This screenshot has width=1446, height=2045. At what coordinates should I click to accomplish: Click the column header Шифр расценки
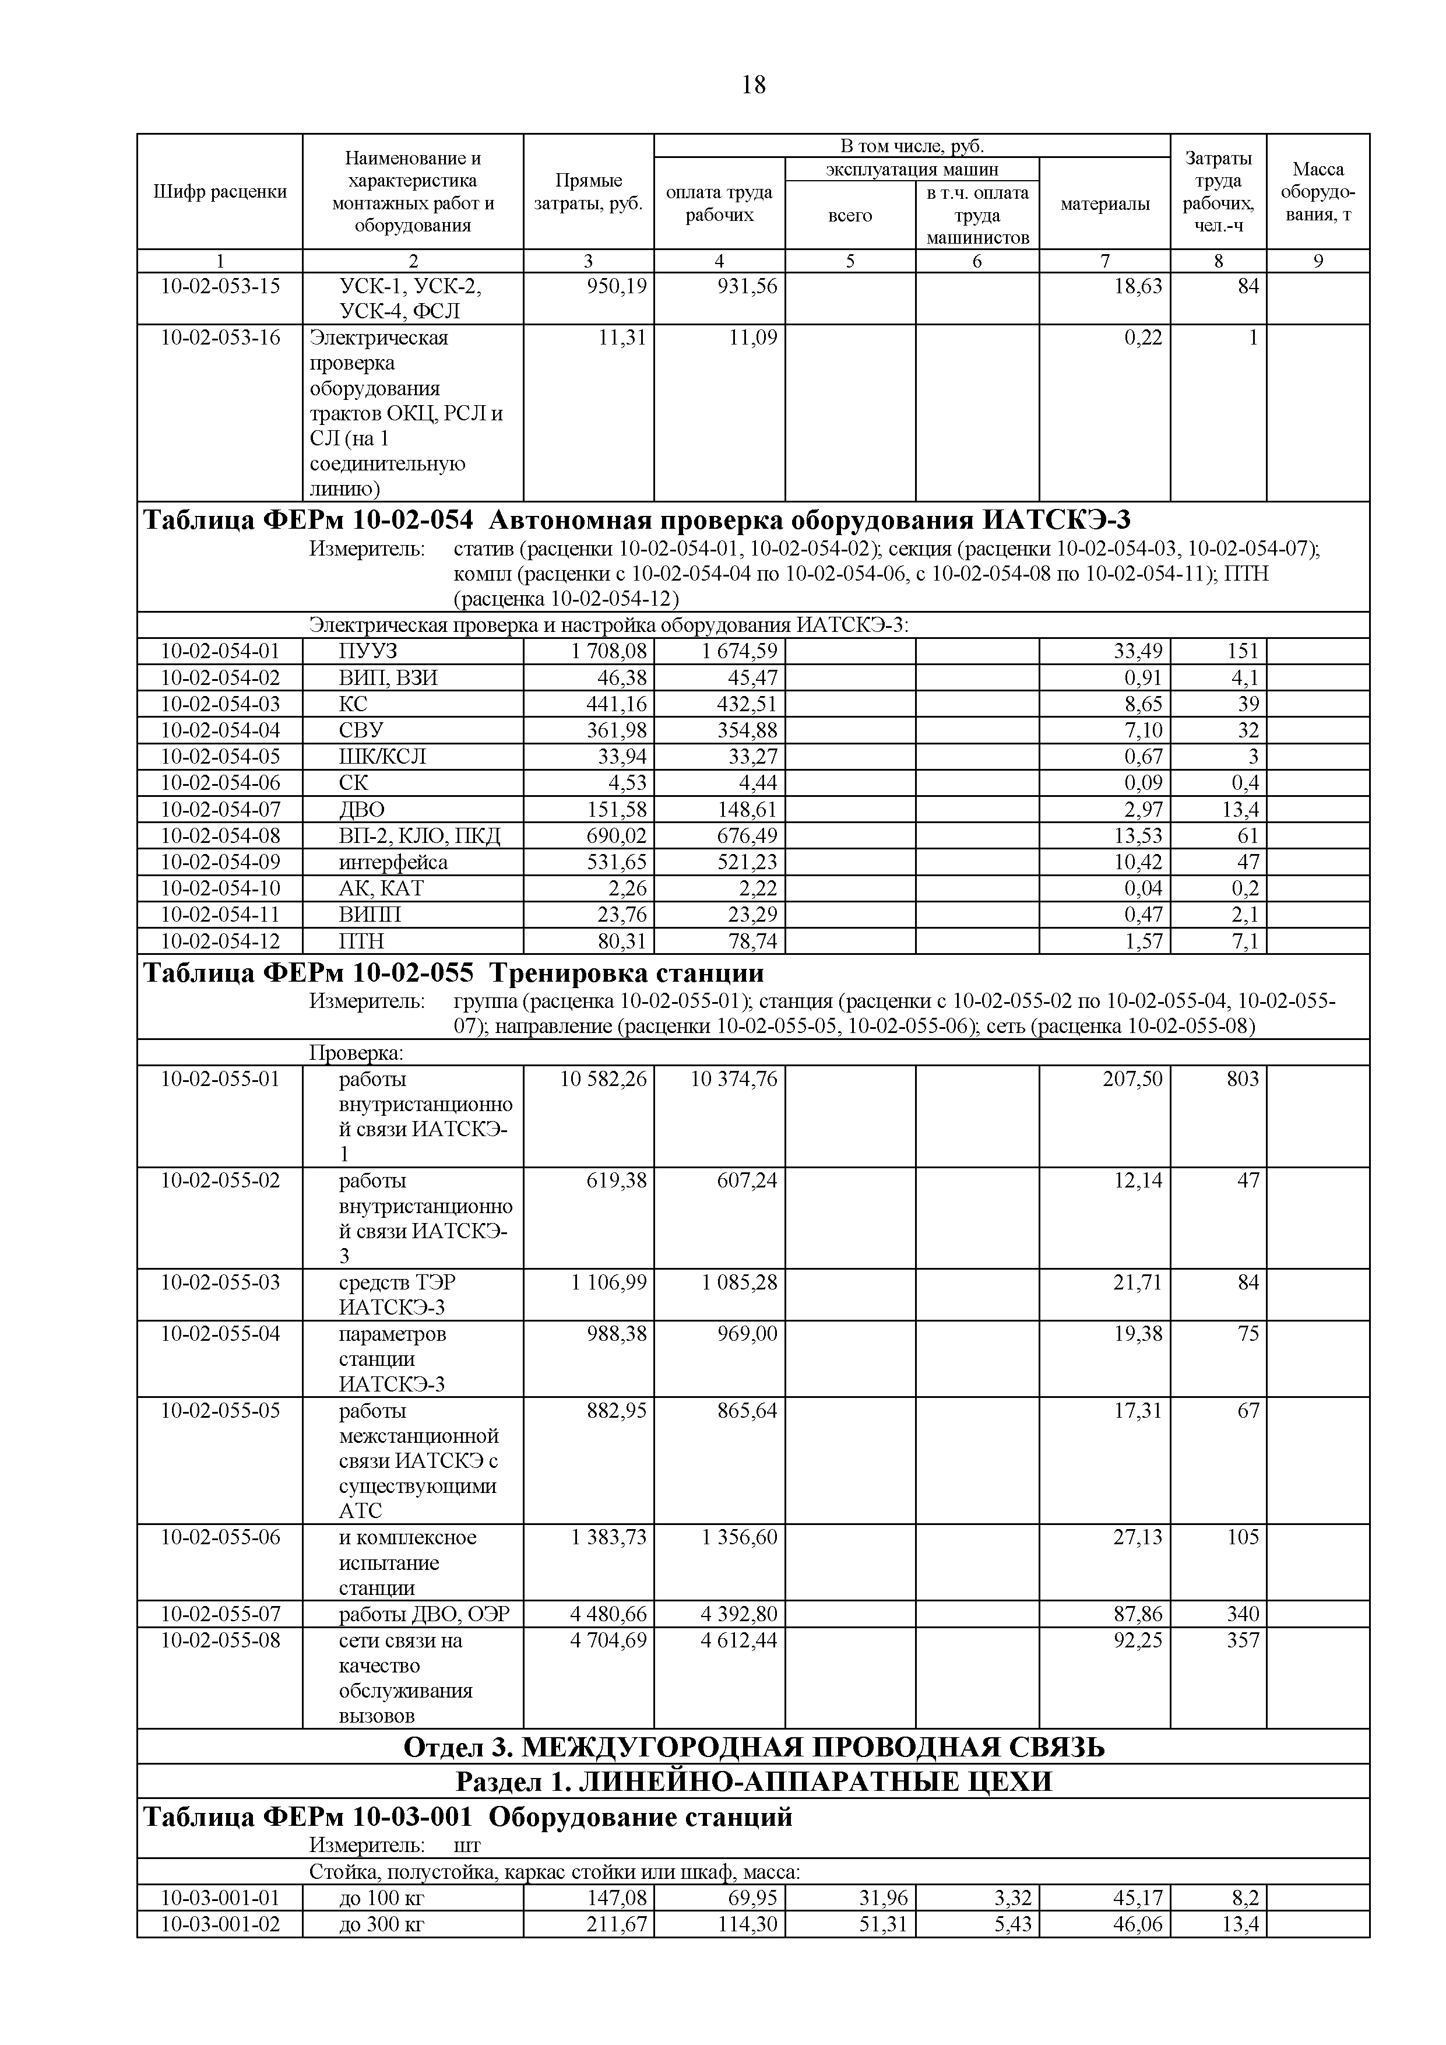pyautogui.click(x=220, y=191)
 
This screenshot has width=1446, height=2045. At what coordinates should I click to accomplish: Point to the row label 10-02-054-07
pyautogui.click(x=220, y=810)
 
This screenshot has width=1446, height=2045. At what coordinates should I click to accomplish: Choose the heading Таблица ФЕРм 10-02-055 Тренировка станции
pyautogui.click(x=453, y=972)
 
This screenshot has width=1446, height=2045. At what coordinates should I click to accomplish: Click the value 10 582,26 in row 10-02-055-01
pyautogui.click(x=603, y=1078)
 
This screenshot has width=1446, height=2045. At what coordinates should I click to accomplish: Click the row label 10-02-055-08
pyautogui.click(x=220, y=1640)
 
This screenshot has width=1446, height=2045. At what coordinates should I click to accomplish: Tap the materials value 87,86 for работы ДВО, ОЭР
pyautogui.click(x=1137, y=1614)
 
